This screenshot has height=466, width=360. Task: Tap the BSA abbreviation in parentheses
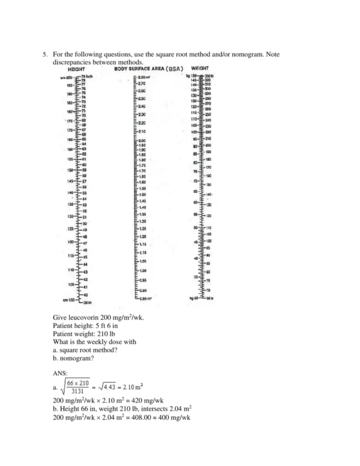172,70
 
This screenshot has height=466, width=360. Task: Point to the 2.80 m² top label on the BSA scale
143,77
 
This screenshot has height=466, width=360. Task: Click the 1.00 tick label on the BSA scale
142,271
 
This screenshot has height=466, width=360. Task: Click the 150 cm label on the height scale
70,170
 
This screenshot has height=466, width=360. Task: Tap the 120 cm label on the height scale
70,242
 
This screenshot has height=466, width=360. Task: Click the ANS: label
62,372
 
